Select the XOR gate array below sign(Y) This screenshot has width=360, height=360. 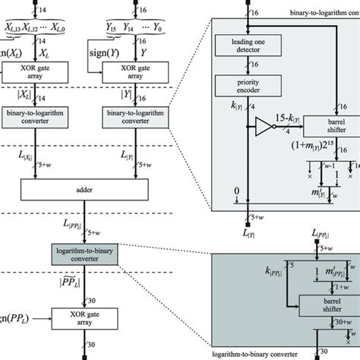click(x=135, y=73)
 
